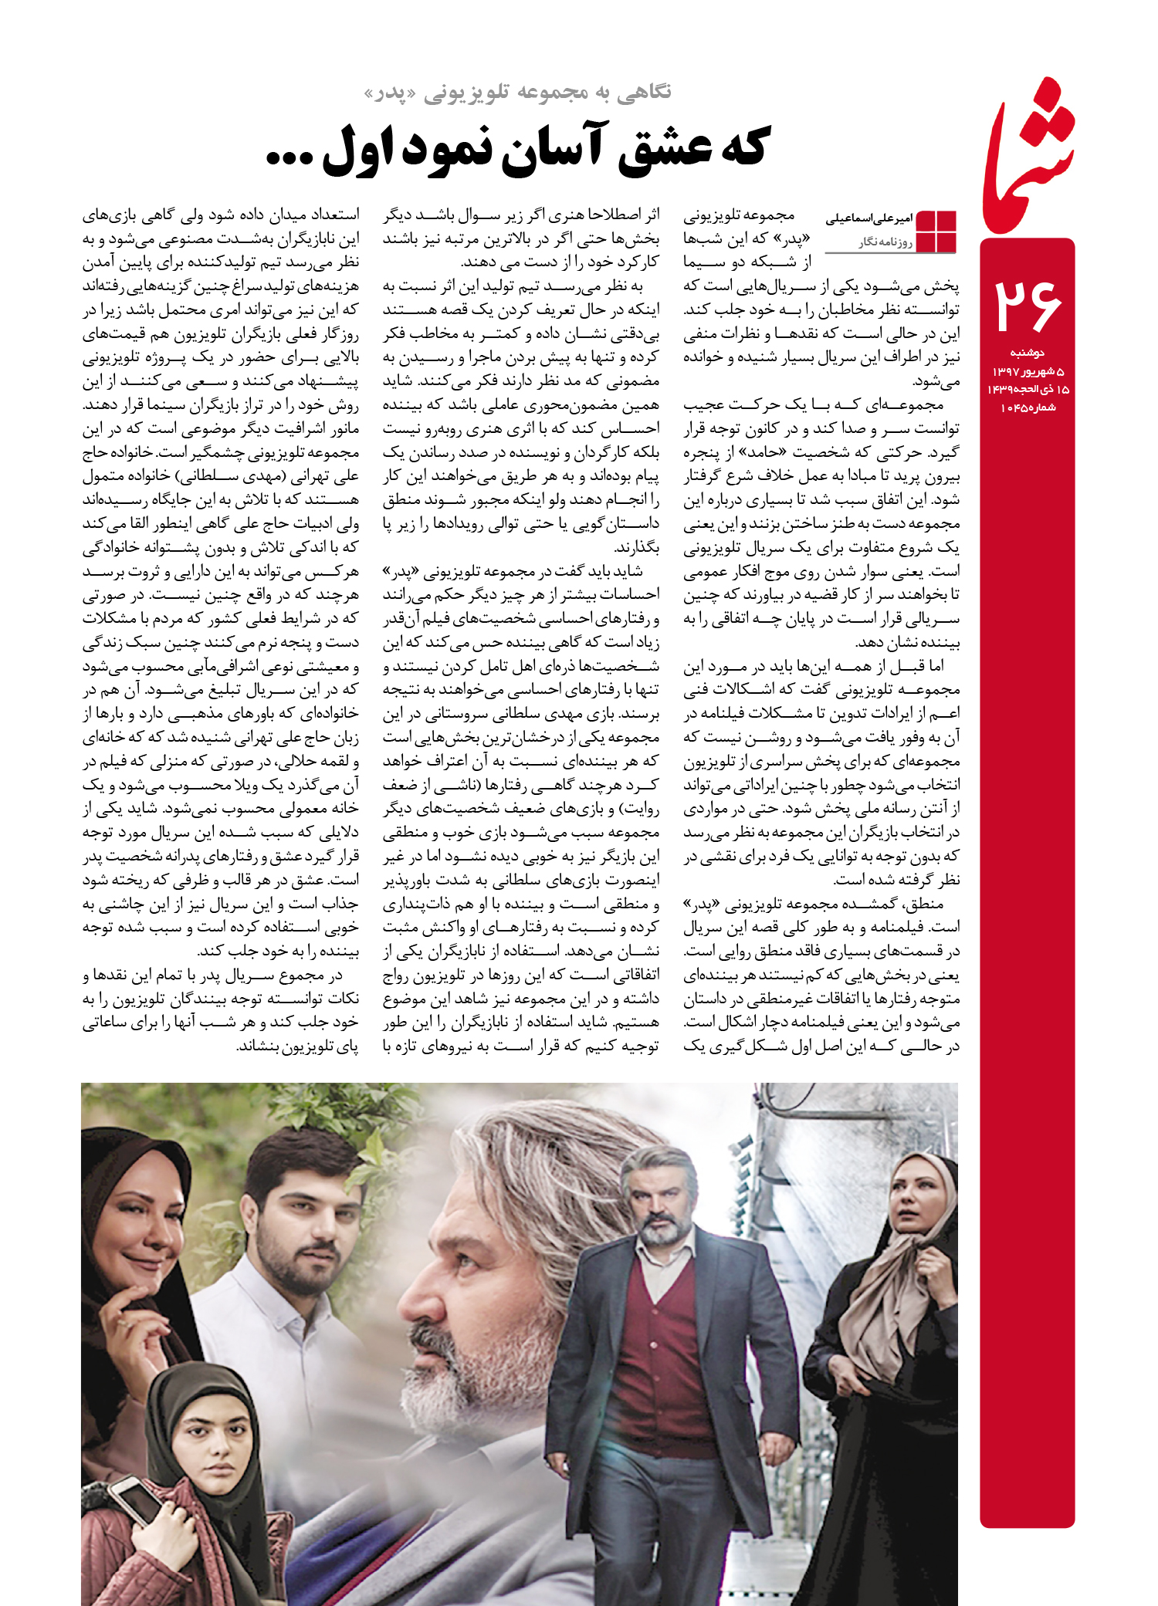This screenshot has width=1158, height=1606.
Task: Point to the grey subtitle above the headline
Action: pos(517,93)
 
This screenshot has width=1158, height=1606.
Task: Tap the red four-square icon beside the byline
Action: pos(936,231)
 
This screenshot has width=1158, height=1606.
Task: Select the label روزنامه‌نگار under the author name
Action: pos(885,242)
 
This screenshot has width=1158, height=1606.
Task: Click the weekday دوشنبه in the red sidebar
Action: pos(1027,353)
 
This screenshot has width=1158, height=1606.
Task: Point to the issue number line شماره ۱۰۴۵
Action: pos(1027,407)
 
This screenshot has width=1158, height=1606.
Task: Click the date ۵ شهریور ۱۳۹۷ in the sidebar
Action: pos(1027,371)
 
